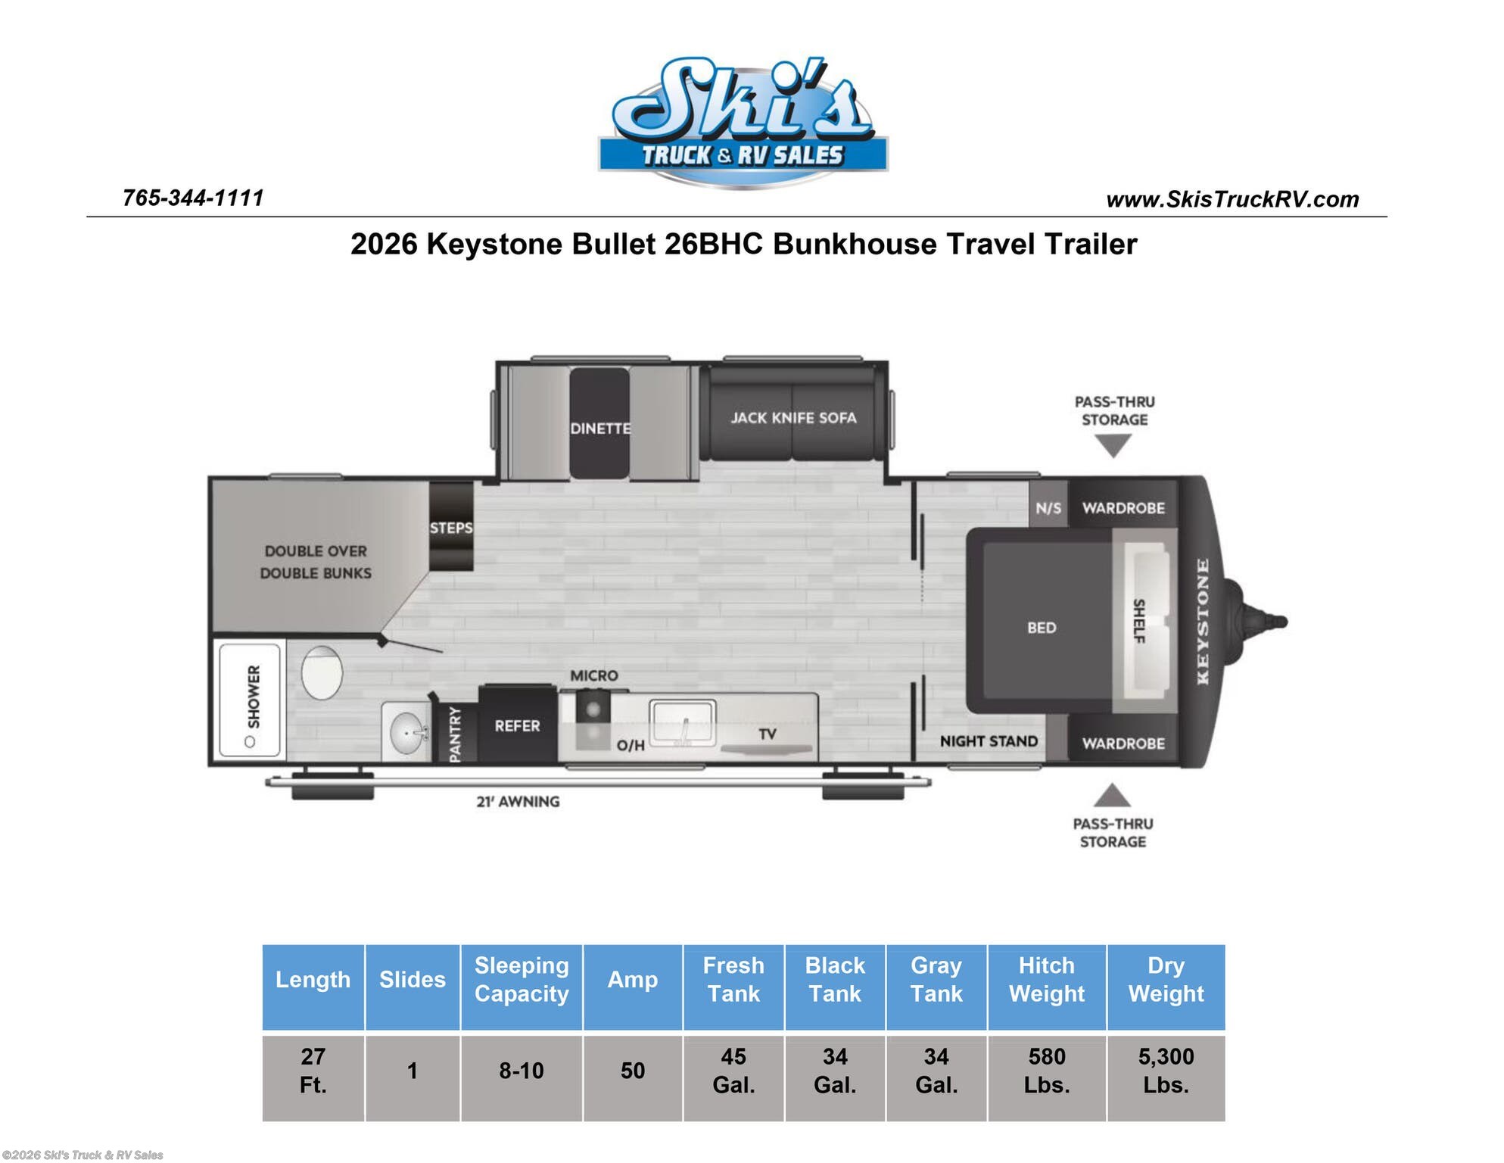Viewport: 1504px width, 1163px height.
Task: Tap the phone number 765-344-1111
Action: click(193, 198)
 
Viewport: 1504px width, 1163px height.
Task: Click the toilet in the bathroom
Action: click(322, 672)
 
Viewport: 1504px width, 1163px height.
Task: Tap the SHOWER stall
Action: click(250, 699)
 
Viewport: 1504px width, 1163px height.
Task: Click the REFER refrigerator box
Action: click(518, 725)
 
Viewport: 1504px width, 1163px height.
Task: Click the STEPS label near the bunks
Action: click(451, 528)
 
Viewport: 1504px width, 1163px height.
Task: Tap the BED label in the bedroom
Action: click(1042, 628)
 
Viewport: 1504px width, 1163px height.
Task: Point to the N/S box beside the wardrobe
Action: click(1048, 508)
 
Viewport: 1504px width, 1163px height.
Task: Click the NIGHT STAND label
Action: click(989, 741)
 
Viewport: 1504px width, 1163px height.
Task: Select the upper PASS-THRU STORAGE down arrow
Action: click(1113, 446)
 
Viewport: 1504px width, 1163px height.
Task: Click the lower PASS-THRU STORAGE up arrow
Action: click(1112, 796)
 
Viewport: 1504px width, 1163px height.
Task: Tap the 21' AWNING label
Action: click(518, 801)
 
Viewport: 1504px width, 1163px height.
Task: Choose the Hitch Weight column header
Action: click(1046, 979)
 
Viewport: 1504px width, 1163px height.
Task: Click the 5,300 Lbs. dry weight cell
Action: click(1166, 1070)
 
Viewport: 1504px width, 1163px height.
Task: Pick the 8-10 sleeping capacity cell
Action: click(521, 1071)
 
